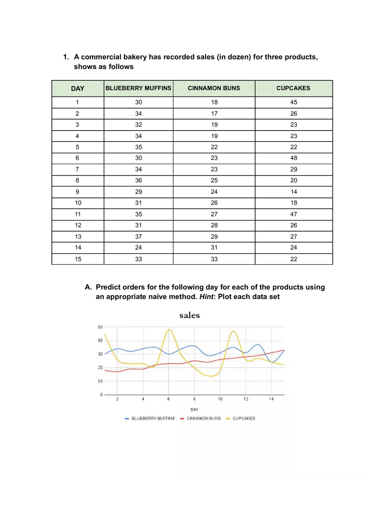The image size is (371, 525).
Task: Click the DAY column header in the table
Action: click(78, 88)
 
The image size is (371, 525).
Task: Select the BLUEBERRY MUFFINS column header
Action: click(138, 88)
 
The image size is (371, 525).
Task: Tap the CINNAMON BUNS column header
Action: click(214, 88)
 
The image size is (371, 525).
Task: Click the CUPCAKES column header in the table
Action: click(293, 88)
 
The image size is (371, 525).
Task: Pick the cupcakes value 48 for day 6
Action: click(294, 158)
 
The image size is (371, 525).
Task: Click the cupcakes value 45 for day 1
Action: click(294, 102)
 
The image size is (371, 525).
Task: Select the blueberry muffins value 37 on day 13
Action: click(138, 236)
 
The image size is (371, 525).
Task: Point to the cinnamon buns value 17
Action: click(214, 114)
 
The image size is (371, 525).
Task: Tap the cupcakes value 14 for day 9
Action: click(294, 192)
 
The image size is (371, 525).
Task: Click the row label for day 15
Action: click(78, 259)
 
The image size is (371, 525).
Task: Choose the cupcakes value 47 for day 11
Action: click(294, 214)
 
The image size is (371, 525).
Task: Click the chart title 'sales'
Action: click(189, 315)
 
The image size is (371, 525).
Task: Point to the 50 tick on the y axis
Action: click(100, 327)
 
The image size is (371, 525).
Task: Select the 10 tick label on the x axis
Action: click(220, 399)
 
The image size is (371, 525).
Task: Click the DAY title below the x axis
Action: click(194, 409)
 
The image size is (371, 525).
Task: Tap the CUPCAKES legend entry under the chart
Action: click(243, 418)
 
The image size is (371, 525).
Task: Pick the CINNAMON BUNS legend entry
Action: click(203, 418)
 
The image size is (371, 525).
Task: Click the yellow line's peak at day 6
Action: click(169, 330)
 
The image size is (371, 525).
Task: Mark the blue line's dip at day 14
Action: click(272, 362)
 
